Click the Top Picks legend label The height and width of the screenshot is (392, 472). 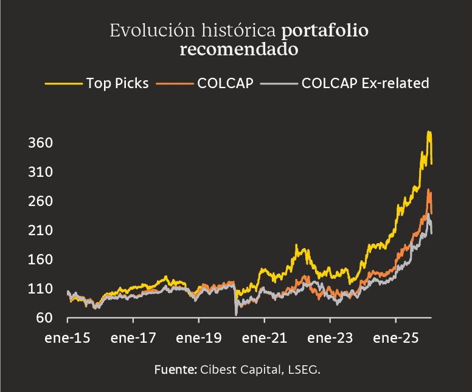[x=117, y=83]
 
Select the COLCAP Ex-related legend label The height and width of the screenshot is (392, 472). [x=365, y=83]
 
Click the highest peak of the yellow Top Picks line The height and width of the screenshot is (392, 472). [x=429, y=132]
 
